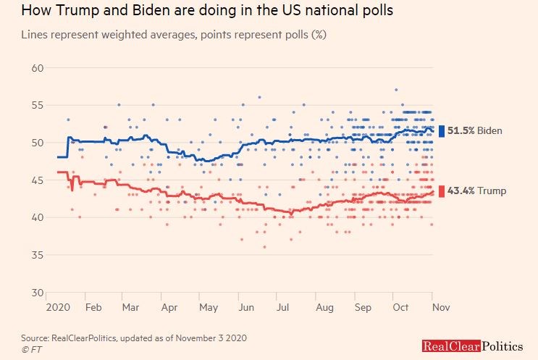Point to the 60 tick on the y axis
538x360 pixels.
click(37, 68)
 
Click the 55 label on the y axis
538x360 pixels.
click(37, 106)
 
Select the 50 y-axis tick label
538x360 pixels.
click(37, 143)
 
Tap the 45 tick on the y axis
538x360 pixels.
click(37, 180)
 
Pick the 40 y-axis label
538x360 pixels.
click(37, 217)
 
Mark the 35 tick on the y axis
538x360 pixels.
click(37, 255)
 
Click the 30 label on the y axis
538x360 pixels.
click(37, 293)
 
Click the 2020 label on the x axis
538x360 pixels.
click(57, 307)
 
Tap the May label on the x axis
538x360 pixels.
click(209, 307)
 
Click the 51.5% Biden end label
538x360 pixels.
click(475, 130)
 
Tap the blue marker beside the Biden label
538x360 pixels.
click(442, 130)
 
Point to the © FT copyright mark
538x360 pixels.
click(32, 348)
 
